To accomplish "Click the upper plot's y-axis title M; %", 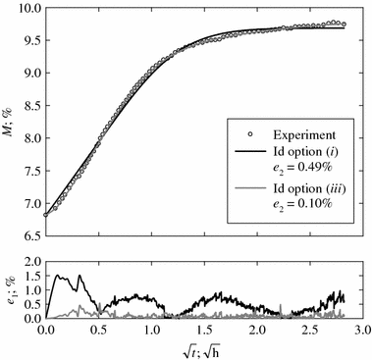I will point(9,123).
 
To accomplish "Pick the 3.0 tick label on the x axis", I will point(362,331).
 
